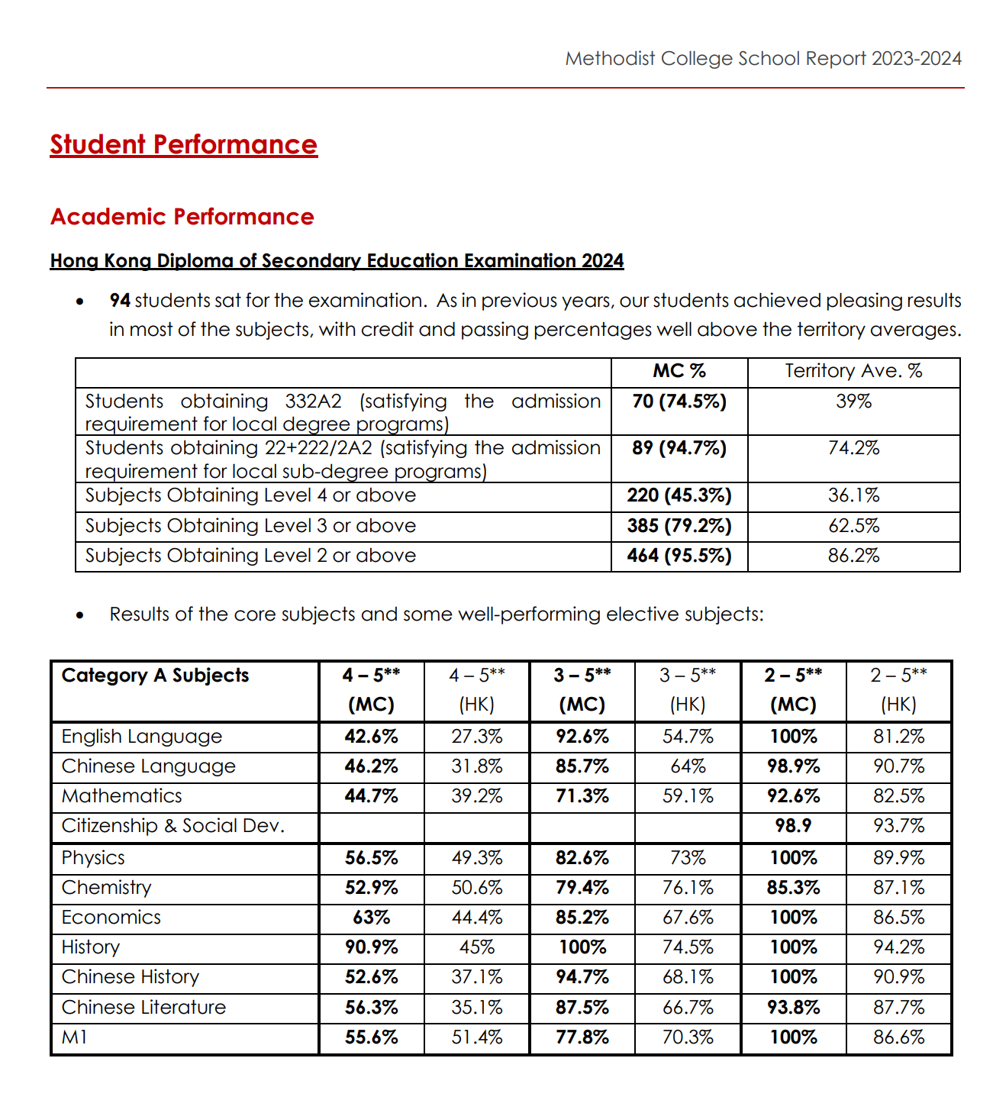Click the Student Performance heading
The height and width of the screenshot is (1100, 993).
183,145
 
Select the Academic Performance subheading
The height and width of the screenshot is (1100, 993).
182,217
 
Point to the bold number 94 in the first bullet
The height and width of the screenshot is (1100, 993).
120,301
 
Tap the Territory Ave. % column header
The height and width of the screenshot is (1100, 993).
853,371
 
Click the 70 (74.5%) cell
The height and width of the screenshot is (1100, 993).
679,402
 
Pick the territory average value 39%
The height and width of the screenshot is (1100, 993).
853,402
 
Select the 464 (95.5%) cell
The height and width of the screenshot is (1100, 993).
679,556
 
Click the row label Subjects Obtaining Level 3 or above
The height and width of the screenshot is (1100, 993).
250,526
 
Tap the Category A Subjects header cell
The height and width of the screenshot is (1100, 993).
156,676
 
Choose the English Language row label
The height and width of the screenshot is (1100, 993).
142,737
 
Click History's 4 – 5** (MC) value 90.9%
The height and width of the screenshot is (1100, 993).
372,947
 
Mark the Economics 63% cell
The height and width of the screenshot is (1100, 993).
372,918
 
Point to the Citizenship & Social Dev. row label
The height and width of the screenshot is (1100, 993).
173,826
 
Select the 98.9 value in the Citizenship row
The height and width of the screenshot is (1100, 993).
793,826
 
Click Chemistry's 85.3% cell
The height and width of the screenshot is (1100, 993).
793,888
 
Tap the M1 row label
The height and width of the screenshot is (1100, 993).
75,1037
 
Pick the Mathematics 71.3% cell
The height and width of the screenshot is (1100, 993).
582,796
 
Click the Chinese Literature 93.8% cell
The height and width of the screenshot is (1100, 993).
793,1008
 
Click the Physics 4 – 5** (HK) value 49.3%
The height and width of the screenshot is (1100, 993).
477,858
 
